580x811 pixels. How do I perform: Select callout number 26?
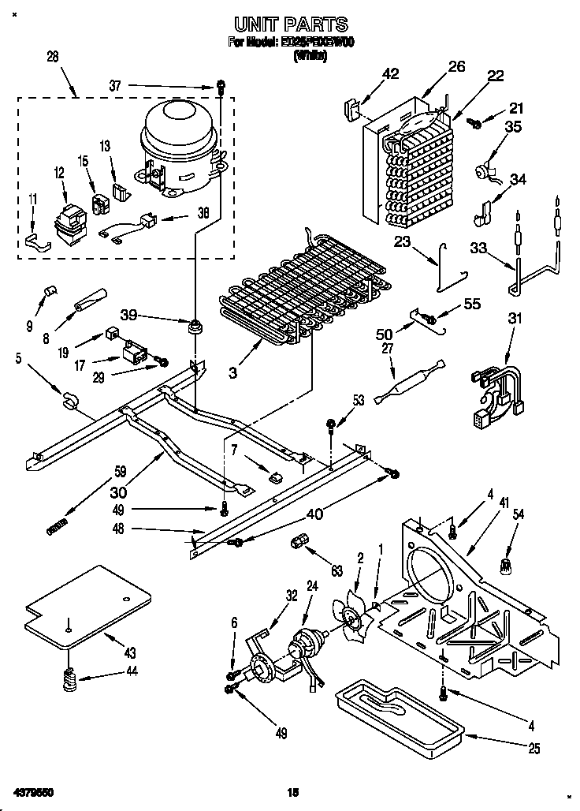point(457,67)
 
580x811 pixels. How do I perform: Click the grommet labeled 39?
point(194,326)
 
